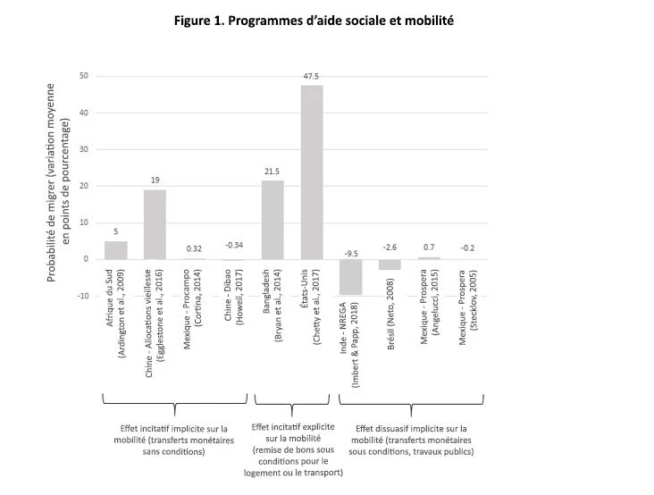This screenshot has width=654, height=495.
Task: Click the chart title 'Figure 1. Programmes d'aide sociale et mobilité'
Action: (327, 20)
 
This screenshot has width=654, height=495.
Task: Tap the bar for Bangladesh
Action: (272, 220)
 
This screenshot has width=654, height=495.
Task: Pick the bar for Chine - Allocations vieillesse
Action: (155, 224)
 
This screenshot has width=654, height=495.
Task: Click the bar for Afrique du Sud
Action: (115, 250)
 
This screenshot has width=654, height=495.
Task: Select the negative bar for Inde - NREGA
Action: (350, 276)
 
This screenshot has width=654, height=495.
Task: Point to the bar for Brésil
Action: (390, 264)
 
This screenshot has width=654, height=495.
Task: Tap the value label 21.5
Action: (272, 172)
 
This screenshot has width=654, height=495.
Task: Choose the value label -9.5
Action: (350, 252)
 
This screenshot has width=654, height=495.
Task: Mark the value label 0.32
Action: (194, 248)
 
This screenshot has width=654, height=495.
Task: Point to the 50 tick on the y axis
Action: (82, 76)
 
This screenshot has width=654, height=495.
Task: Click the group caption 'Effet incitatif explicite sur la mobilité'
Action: (298, 449)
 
